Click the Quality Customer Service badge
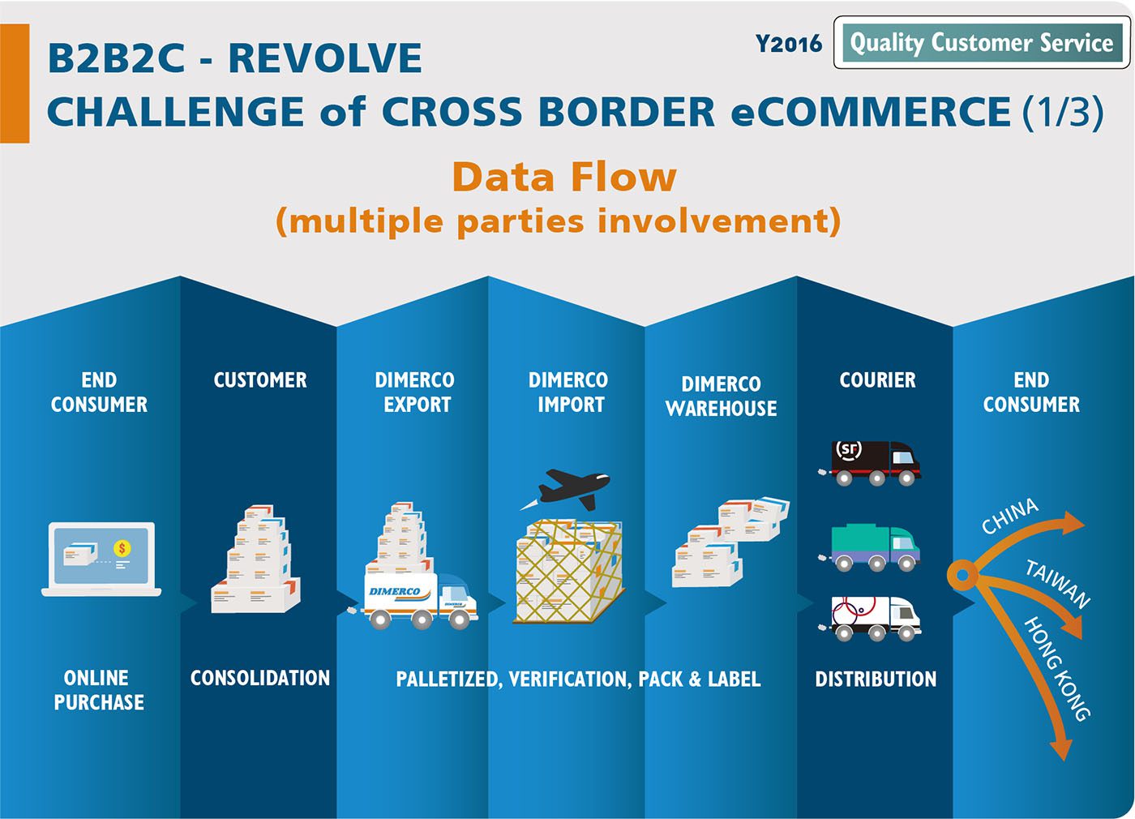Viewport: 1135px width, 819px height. pos(982,42)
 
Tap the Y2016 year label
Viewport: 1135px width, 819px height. pos(788,44)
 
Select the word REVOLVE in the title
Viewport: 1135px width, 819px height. pos(325,58)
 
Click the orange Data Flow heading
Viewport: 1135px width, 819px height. pos(564,177)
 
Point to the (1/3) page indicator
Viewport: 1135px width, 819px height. pos(1063,112)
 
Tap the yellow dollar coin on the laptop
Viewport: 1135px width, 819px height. pos(122,547)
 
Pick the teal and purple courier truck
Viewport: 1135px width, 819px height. pos(869,548)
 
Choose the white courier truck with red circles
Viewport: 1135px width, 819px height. pos(869,618)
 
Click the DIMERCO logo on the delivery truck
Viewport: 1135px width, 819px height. pos(395,591)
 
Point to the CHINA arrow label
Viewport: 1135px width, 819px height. pos(1010,516)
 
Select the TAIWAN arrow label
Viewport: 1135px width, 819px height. pos(1057,584)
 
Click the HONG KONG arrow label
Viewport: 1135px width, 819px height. pos(1056,668)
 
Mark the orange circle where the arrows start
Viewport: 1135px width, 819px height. pos(962,575)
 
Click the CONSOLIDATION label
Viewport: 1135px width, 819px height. pos(260,678)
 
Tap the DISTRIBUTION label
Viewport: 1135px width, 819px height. pos(876,680)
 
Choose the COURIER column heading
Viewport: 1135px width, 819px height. pos(877,380)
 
